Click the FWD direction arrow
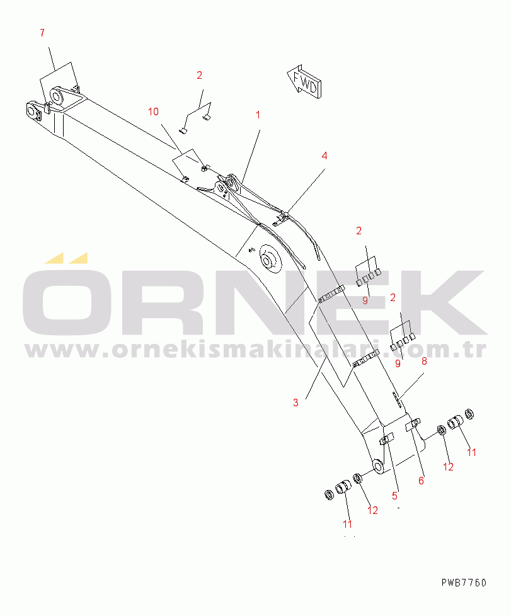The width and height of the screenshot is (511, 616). point(304,82)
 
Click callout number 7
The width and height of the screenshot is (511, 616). point(42,33)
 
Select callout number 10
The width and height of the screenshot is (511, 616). point(153,112)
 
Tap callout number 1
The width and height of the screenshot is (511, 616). point(258,115)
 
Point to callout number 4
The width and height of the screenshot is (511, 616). point(324,156)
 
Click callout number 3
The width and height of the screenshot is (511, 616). point(296,402)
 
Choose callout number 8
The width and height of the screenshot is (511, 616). point(424,362)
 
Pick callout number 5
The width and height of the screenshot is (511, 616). point(394,496)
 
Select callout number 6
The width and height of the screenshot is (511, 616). point(422,481)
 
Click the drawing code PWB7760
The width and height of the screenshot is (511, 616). point(464,583)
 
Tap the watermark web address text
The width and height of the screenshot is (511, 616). point(256,349)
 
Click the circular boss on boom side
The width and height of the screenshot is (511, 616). point(270,260)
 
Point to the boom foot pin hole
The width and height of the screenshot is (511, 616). point(378,466)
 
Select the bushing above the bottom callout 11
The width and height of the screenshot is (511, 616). point(343,487)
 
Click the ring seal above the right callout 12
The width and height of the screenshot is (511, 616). point(442,430)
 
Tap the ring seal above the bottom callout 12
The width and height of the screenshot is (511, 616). point(357,479)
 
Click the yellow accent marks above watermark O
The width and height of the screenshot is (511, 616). point(66,258)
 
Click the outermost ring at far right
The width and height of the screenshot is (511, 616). point(469,414)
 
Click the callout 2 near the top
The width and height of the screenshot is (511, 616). point(199,76)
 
